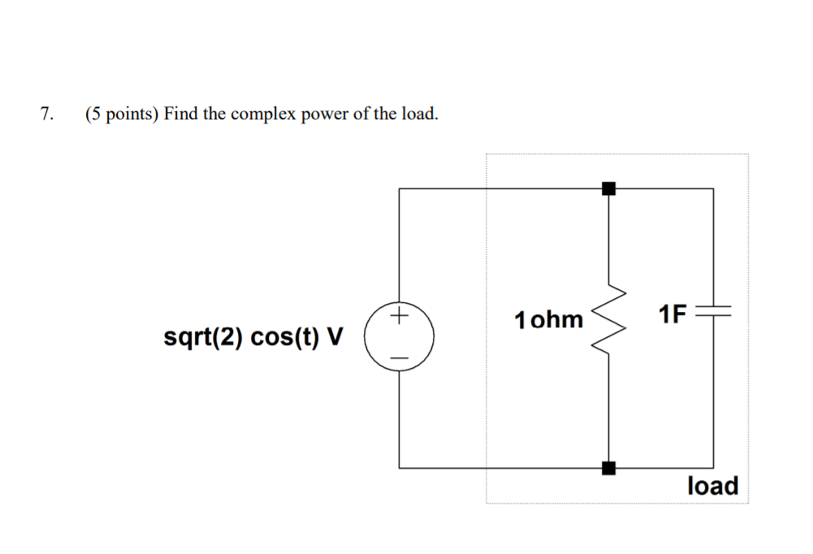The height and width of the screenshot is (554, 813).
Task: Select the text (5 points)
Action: (122, 114)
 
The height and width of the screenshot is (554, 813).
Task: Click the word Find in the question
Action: (180, 114)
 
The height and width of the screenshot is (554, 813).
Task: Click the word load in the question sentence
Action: (419, 114)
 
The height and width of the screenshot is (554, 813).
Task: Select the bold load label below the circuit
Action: (712, 486)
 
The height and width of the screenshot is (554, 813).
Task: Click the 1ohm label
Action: (548, 319)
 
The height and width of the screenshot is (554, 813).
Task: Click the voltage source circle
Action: (399, 335)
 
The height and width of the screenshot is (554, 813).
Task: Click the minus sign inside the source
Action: (399, 357)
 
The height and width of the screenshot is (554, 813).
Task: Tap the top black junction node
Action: (608, 188)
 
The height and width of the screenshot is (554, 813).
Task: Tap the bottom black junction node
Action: (608, 468)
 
